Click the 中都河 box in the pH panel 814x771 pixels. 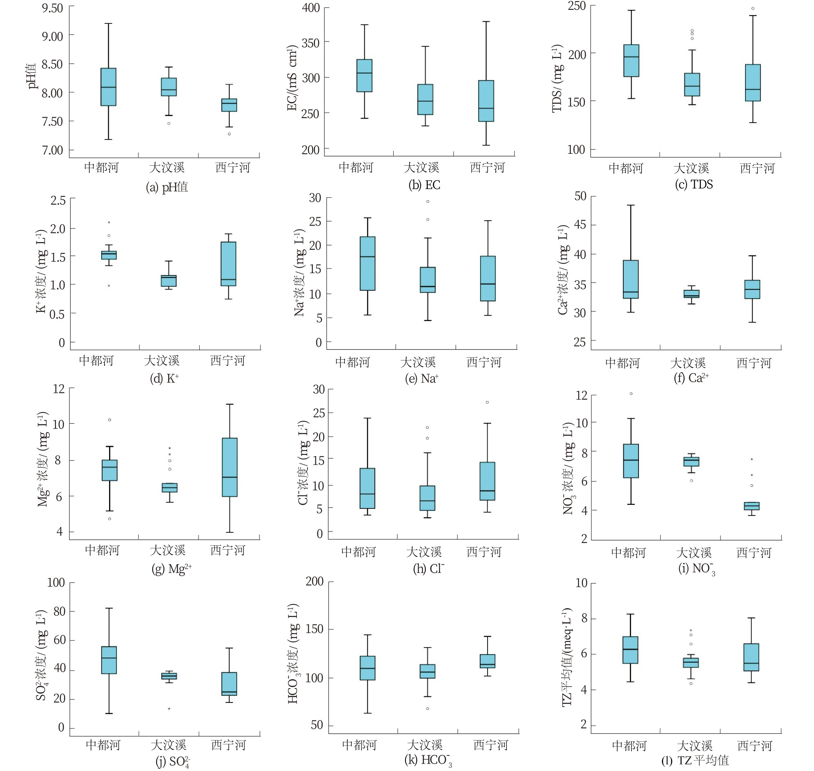point(109,87)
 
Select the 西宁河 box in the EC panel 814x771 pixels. point(486,101)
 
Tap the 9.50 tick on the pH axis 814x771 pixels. point(52,8)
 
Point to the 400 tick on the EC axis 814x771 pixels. point(311,8)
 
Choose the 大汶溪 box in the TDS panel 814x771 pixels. point(692,84)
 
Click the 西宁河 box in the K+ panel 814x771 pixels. point(228,263)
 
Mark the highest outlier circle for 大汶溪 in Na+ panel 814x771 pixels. point(428,201)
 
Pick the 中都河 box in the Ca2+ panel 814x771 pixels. point(631,279)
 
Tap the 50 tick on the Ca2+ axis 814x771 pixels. point(581,196)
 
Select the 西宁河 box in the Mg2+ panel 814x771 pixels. point(230,467)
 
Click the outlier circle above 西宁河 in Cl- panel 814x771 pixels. point(487,402)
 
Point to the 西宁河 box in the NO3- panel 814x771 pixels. point(752,506)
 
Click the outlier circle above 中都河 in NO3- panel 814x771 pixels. point(631,394)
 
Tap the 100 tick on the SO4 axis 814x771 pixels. point(56,582)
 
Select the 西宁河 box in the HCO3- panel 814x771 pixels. point(487,661)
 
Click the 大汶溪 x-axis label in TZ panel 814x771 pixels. point(694,746)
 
